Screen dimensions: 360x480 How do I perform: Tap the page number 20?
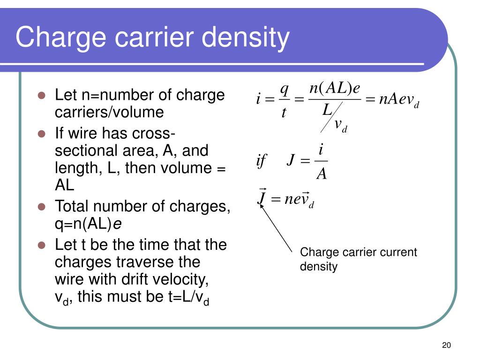pyautogui.click(x=446, y=345)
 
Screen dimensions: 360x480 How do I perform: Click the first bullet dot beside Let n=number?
pyautogui.click(x=41, y=95)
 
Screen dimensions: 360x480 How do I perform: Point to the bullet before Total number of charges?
pyautogui.click(x=41, y=206)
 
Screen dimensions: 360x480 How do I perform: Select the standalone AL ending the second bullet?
pyautogui.click(x=65, y=185)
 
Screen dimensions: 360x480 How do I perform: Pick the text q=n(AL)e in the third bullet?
pyautogui.click(x=88, y=224)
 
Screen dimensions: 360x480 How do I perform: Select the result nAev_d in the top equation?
pyautogui.click(x=398, y=100)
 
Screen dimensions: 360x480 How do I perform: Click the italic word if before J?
pyautogui.click(x=261, y=161)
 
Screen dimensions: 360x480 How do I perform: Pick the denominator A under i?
pyautogui.click(x=322, y=174)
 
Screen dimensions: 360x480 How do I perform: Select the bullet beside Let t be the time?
pyautogui.click(x=41, y=245)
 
